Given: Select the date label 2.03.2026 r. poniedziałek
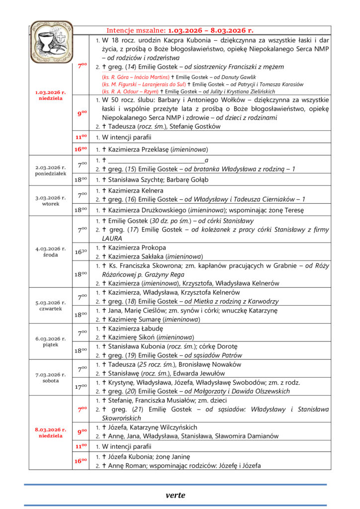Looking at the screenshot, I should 50,171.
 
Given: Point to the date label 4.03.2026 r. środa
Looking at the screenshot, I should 50,252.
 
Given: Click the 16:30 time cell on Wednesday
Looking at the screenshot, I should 82,252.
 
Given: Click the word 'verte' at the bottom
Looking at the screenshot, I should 175,495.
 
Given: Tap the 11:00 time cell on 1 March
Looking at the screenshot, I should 82,137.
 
